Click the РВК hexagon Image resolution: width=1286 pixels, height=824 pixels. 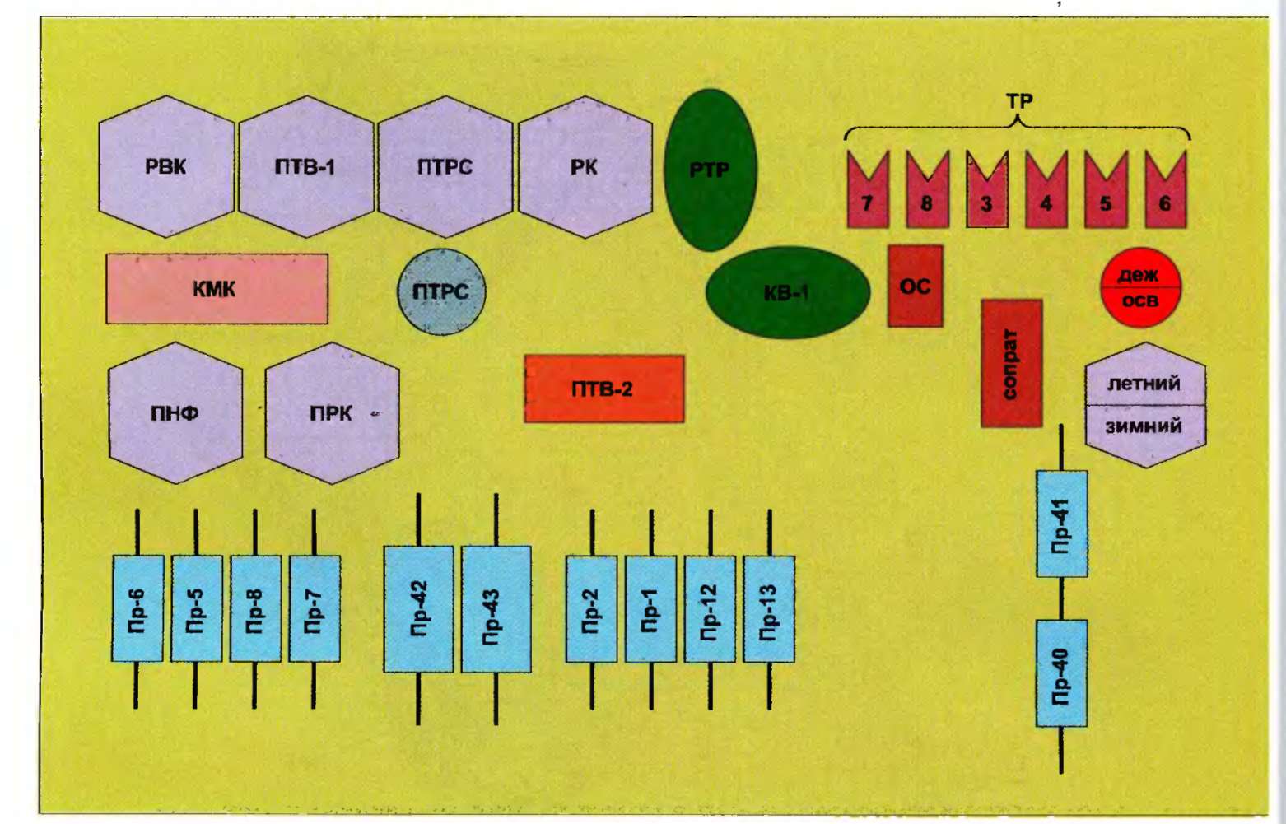point(166,167)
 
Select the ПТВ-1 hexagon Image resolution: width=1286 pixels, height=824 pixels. point(305,167)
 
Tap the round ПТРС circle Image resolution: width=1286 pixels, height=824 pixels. point(441,292)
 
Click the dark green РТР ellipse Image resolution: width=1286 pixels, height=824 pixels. point(710,170)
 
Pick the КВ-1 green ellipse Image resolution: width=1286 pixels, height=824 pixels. point(787,292)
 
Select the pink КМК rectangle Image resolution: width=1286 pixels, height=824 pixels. point(217,289)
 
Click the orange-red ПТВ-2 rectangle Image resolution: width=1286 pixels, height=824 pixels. point(603,389)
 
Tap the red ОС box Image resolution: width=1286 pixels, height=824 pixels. point(915,286)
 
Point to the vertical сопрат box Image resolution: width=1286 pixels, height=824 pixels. point(1011,363)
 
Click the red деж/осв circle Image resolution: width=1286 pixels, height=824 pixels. point(1140,287)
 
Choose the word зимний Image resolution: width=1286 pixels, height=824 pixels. point(1144,426)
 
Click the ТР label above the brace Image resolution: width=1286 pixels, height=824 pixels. point(1018,101)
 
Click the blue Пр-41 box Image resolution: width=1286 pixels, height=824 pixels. point(1061,524)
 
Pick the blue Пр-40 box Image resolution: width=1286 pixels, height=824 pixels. point(1060,673)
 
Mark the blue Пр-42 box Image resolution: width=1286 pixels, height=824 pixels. point(418,609)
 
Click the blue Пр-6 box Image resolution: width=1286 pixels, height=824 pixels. point(137,609)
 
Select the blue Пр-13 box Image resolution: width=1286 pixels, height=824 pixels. point(769,609)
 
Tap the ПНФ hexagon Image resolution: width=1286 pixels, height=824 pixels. point(175,413)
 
